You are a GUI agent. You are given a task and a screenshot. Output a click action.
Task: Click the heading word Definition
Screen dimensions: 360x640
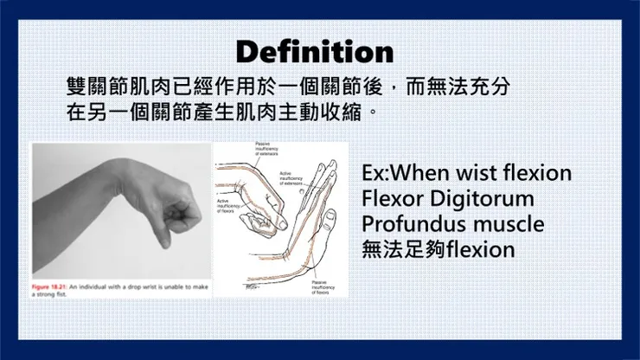[x=314, y=51]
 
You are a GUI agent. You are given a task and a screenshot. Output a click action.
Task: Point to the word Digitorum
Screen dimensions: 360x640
[x=479, y=198]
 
